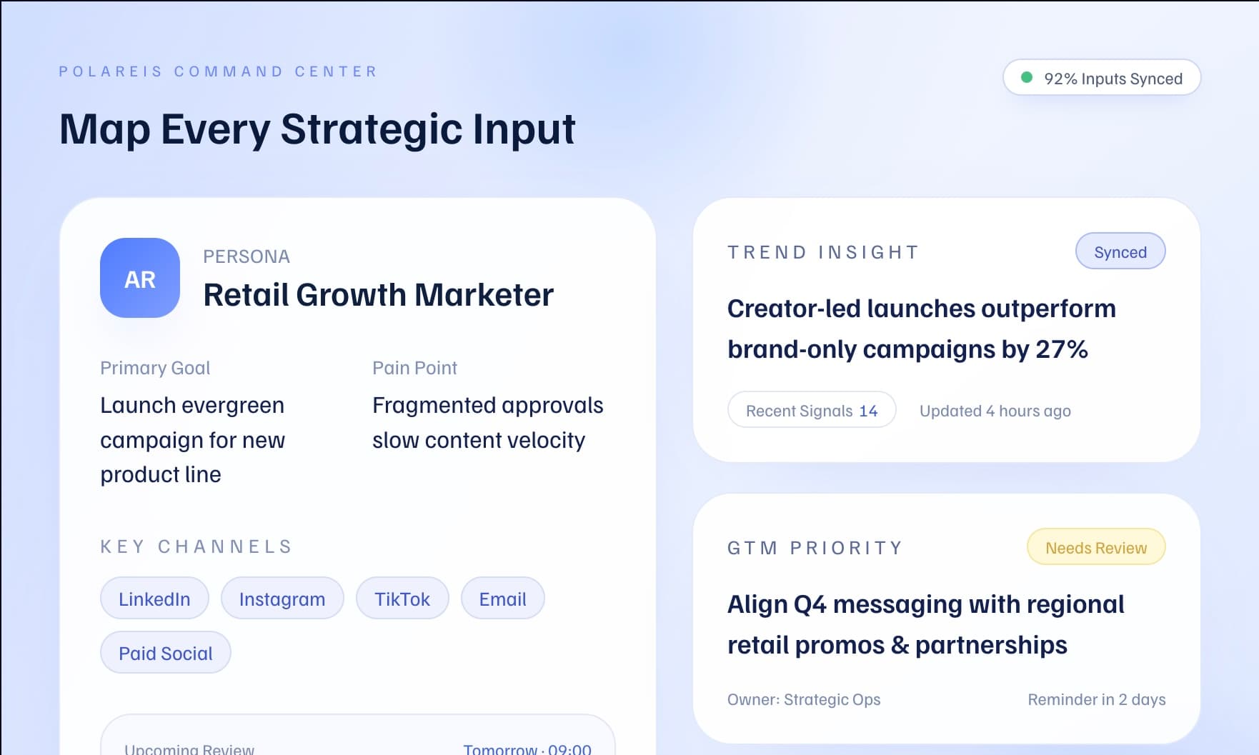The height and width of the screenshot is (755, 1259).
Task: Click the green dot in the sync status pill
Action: pos(1027,77)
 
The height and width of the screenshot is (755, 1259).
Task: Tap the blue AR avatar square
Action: pos(140,278)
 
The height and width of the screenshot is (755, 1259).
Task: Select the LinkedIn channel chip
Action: pos(154,599)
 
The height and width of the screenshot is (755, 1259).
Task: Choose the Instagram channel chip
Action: pos(282,599)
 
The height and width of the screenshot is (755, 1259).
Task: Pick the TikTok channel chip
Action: pos(402,599)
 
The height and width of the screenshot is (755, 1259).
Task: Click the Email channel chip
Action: pos(502,599)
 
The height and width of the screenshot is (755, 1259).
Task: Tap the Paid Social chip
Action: pos(166,653)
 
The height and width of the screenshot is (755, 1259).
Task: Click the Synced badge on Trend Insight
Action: pos(1120,251)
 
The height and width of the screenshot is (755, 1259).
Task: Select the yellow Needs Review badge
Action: pos(1095,547)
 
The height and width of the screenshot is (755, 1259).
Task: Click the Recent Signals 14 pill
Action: pos(811,410)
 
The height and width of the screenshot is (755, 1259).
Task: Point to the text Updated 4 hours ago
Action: pos(995,411)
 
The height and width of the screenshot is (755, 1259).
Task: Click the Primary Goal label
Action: pos(155,368)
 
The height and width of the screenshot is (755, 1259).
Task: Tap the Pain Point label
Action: pos(414,368)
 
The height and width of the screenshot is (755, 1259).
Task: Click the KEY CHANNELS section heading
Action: pos(196,546)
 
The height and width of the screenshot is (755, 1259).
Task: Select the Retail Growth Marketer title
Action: pos(378,295)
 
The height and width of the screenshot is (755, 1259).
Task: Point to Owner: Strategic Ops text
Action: pos(803,699)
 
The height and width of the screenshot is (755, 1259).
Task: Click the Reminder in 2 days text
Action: pos(1096,699)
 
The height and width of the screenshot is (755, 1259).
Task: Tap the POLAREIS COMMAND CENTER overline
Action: pos(218,71)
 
